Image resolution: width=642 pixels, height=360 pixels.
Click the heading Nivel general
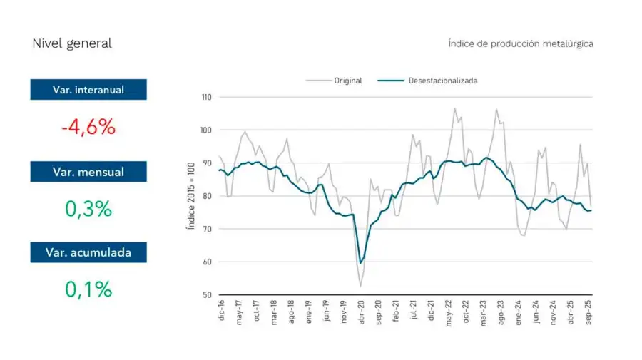(x=72, y=43)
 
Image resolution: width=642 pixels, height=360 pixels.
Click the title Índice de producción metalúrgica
(x=521, y=43)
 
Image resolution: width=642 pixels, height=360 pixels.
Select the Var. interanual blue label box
(x=88, y=90)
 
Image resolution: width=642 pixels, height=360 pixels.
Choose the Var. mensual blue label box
(x=88, y=172)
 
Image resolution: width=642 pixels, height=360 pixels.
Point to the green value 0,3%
(x=88, y=209)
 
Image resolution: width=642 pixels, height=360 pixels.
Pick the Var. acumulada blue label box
(x=88, y=252)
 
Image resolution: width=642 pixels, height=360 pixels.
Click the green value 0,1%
(x=88, y=289)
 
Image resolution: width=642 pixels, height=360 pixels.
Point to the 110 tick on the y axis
(x=207, y=97)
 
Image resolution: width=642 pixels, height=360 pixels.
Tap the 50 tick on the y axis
(x=207, y=295)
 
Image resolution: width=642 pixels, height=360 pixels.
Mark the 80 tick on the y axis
(x=207, y=196)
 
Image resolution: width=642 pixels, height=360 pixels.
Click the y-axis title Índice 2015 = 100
(x=190, y=196)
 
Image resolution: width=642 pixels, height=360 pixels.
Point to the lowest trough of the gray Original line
(x=360, y=287)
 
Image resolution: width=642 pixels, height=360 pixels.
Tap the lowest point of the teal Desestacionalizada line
(x=360, y=263)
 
